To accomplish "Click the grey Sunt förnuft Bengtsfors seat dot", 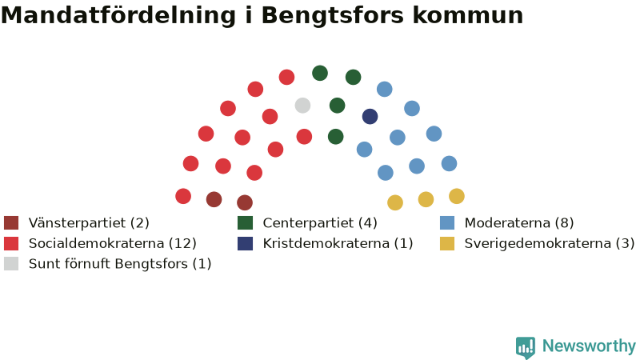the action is click(x=302, y=106).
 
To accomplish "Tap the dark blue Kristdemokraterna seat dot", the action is click(x=370, y=116).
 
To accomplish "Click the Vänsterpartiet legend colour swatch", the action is click(x=11, y=223).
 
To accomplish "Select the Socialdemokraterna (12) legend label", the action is click(x=112, y=243).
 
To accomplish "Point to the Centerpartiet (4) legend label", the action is click(x=319, y=223).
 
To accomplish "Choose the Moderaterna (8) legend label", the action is click(x=518, y=223).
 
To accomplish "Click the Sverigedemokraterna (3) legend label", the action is click(x=550, y=243).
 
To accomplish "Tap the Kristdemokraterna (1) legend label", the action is click(x=338, y=243).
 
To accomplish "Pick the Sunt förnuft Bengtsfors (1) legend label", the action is click(x=119, y=264).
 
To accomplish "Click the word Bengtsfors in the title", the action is click(x=332, y=15).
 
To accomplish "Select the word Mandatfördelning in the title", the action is click(x=118, y=14).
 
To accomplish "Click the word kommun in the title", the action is click(x=467, y=15).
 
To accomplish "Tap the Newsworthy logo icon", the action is click(x=526, y=347).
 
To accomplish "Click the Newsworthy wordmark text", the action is click(x=589, y=346).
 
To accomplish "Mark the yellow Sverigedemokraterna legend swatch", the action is click(x=447, y=243).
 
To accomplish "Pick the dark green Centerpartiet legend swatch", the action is click(x=245, y=223).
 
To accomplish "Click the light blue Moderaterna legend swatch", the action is click(x=447, y=223).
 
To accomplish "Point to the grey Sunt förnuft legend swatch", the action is click(x=11, y=264).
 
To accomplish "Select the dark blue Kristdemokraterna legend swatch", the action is click(x=245, y=243).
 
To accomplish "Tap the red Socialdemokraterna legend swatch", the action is click(x=11, y=243).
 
